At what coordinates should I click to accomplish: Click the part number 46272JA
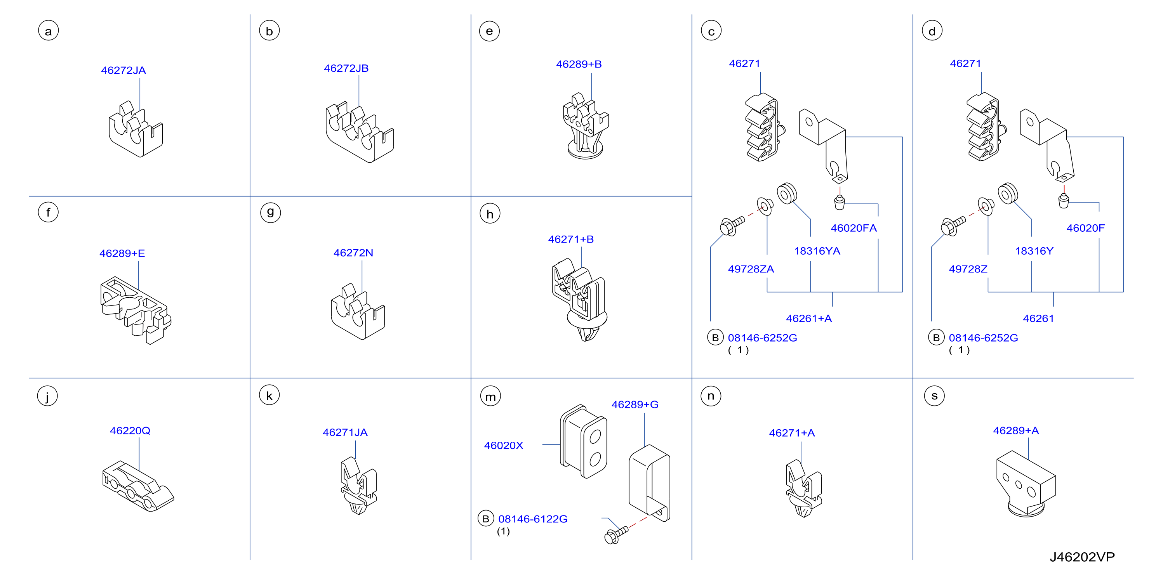pyautogui.click(x=123, y=70)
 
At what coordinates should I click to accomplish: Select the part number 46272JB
pyautogui.click(x=346, y=68)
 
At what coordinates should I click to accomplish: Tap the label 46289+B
pyautogui.click(x=579, y=64)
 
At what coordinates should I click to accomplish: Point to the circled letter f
pyautogui.click(x=48, y=212)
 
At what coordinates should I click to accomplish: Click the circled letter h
pyautogui.click(x=490, y=213)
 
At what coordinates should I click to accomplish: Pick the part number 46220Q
pyautogui.click(x=130, y=431)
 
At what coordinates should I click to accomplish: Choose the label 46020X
pyautogui.click(x=503, y=446)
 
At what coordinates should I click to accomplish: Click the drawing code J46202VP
pyautogui.click(x=1082, y=557)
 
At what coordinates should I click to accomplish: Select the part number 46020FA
pyautogui.click(x=854, y=228)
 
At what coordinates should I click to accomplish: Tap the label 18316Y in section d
pyautogui.click(x=1034, y=251)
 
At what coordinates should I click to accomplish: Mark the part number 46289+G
pyautogui.click(x=635, y=404)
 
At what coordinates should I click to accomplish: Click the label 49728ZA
pyautogui.click(x=751, y=269)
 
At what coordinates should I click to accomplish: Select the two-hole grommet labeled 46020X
pyautogui.click(x=583, y=441)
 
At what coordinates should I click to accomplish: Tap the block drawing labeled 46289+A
pyautogui.click(x=1026, y=483)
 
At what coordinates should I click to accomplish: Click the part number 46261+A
pyautogui.click(x=808, y=319)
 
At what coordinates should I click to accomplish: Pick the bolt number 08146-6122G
pyautogui.click(x=533, y=519)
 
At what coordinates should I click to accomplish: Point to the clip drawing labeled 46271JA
pyautogui.click(x=358, y=485)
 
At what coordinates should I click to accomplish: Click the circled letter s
pyautogui.click(x=934, y=396)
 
